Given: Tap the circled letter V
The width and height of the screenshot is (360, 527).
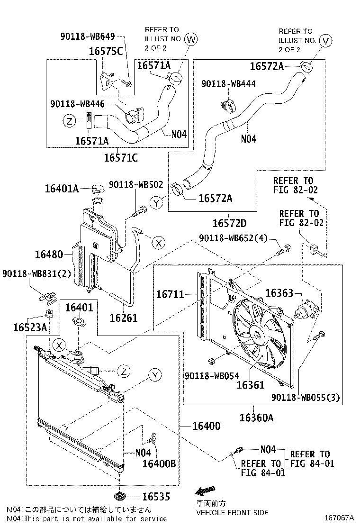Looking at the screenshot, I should [x=325, y=41].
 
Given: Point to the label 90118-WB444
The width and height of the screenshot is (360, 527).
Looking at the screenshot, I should [x=228, y=83].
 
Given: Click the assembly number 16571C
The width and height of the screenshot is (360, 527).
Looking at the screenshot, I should [x=121, y=157].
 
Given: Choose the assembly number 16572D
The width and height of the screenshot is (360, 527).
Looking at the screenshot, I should [x=230, y=222].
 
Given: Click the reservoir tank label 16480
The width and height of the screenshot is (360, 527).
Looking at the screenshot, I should [x=49, y=255].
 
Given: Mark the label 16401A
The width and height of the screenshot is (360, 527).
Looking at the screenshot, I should [x=62, y=189].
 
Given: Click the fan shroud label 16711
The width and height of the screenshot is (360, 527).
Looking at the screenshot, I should [x=170, y=295].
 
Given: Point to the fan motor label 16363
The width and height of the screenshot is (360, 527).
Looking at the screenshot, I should [x=279, y=293].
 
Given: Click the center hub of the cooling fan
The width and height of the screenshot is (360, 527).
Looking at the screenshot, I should [x=257, y=336].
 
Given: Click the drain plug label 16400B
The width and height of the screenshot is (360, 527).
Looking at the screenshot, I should [x=159, y=463].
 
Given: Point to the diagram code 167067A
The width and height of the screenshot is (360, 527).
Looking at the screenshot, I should [x=339, y=518].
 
